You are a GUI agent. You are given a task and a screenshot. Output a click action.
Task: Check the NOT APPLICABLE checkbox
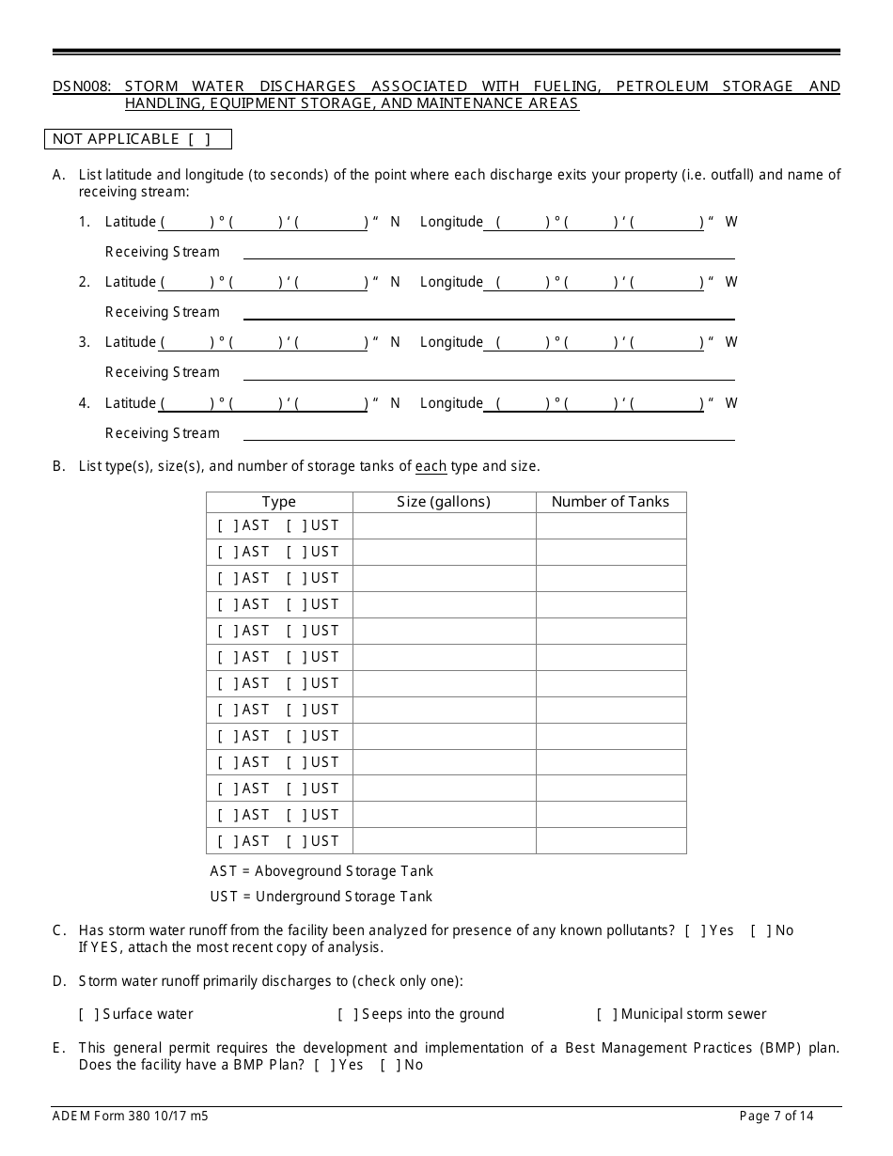pos(198,139)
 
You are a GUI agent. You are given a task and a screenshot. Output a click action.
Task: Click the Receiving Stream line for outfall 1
pos(489,252)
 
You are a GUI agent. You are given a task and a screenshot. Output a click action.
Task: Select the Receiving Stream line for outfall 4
pos(489,433)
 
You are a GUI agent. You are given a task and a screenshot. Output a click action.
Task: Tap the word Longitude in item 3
pos(451,342)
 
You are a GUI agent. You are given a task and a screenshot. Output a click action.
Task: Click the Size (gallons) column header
pos(444,502)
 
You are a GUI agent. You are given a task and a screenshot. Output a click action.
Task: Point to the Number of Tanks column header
pos(610,502)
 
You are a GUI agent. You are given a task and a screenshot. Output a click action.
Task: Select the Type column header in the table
pos(278,502)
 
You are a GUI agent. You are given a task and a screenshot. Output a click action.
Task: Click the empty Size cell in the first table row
pos(444,525)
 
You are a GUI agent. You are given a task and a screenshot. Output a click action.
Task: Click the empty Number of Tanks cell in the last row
pos(611,841)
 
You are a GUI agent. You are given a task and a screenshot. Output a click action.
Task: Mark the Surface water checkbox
pos(88,1014)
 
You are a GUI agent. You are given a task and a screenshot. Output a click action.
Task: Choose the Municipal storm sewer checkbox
pos(606,1014)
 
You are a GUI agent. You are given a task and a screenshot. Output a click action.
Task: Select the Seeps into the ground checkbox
pos(347,1014)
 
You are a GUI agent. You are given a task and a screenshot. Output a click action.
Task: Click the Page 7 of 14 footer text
pos(776,1117)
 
